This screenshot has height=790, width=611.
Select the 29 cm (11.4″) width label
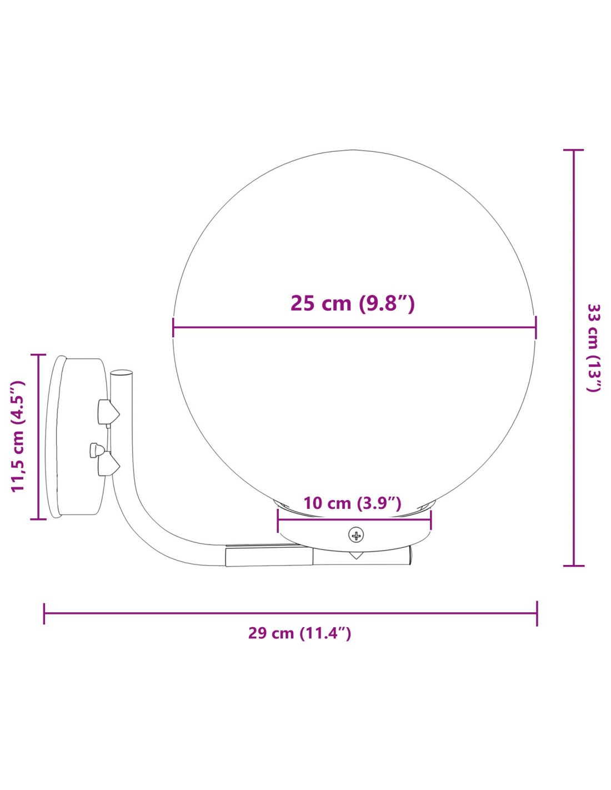[299, 633]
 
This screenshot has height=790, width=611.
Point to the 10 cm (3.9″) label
[352, 503]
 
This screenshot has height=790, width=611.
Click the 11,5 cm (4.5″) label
[18, 436]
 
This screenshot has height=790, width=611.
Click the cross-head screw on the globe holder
[356, 535]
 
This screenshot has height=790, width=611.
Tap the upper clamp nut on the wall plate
[108, 412]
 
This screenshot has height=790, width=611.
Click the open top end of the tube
[122, 373]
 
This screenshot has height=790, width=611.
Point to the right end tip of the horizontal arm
[410, 556]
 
